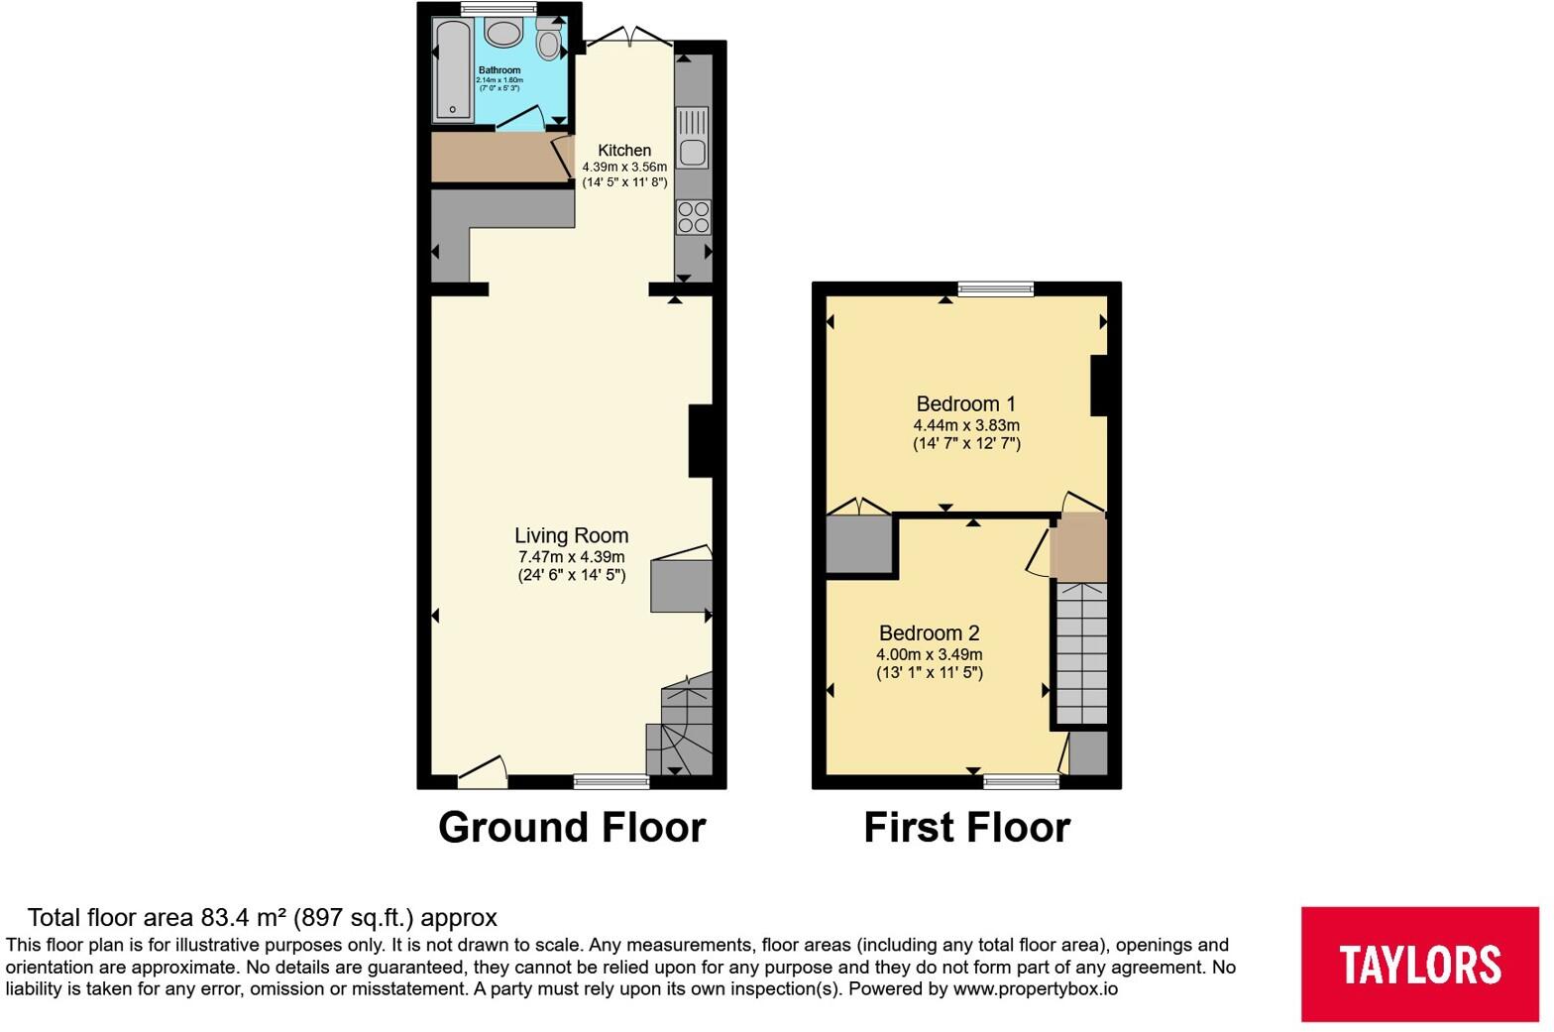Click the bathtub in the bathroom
coord(452,69)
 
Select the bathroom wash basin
coord(503,32)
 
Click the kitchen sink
coord(693,138)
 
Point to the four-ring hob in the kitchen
coord(694,216)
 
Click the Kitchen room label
coord(624,151)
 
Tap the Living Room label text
coord(572,535)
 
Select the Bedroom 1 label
coord(966,403)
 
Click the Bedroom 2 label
coord(930,632)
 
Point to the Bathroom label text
coord(499,70)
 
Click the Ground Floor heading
coord(572,827)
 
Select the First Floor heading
coord(967,827)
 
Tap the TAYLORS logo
coord(1420,964)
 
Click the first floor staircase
coord(1081,653)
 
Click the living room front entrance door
coord(483,771)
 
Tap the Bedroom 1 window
coord(995,288)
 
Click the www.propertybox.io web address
coord(1036,989)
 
